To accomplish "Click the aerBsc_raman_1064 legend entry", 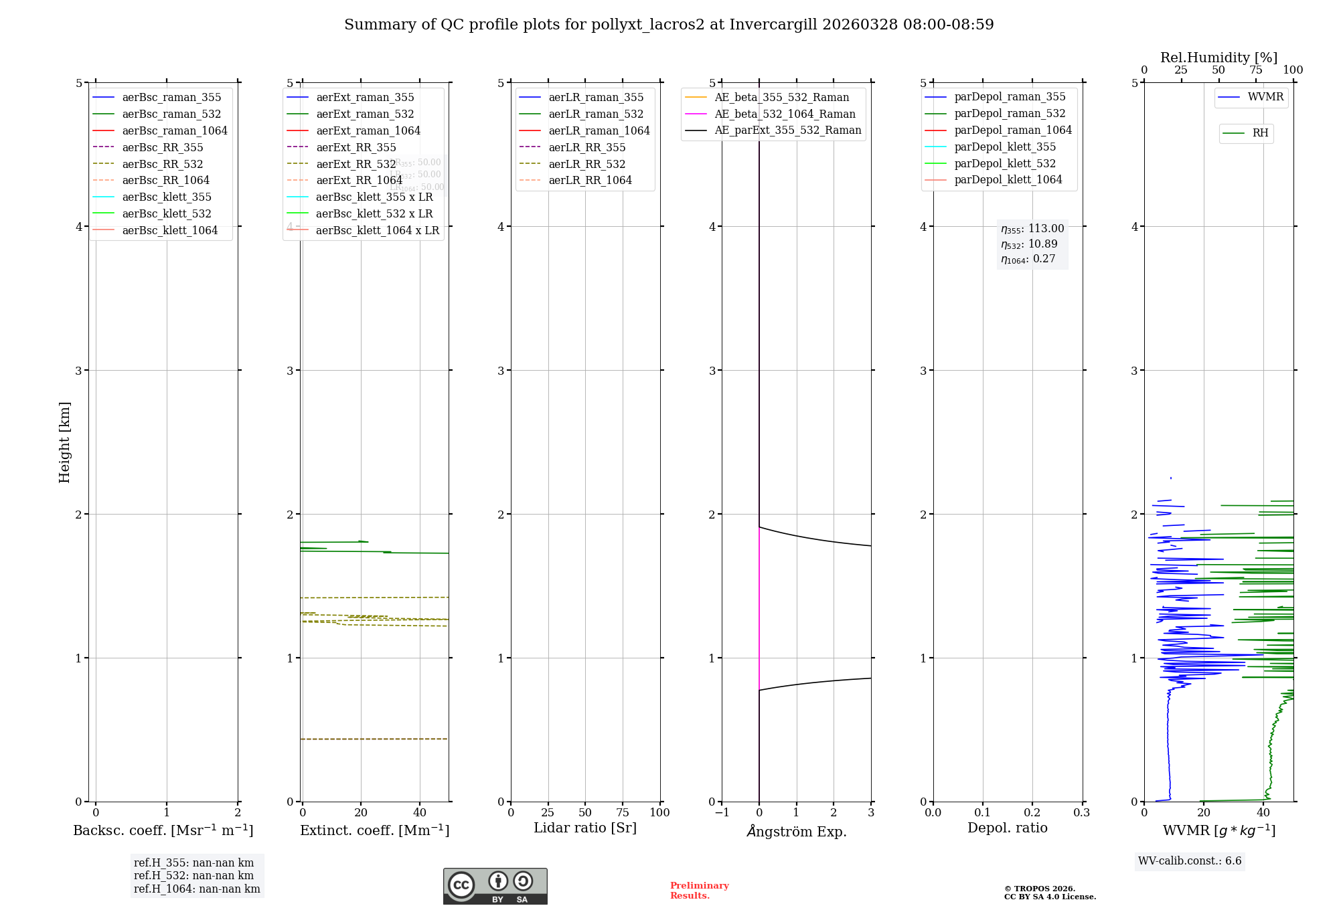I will (x=175, y=130).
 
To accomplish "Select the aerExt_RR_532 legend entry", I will (x=356, y=164).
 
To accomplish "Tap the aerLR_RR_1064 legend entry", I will (x=590, y=180).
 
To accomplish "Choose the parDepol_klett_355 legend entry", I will (x=1004, y=147).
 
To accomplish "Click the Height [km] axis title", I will (x=64, y=442).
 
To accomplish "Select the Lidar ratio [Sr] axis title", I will (x=584, y=828).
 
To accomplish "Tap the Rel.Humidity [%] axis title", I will (x=1218, y=58).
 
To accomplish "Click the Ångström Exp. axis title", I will (x=796, y=831).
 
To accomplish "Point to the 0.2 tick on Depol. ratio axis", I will (x=1032, y=812).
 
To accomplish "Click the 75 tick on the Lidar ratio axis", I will (x=623, y=812).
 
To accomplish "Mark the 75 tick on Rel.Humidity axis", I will (x=1256, y=70).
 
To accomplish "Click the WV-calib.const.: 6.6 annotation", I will (x=1190, y=860).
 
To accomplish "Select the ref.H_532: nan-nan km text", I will (x=193, y=875).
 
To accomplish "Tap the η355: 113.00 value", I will (x=1032, y=229).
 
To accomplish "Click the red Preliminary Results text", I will (x=699, y=890).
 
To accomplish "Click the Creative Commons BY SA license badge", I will (x=495, y=886).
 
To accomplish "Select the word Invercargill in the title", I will (x=773, y=25).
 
